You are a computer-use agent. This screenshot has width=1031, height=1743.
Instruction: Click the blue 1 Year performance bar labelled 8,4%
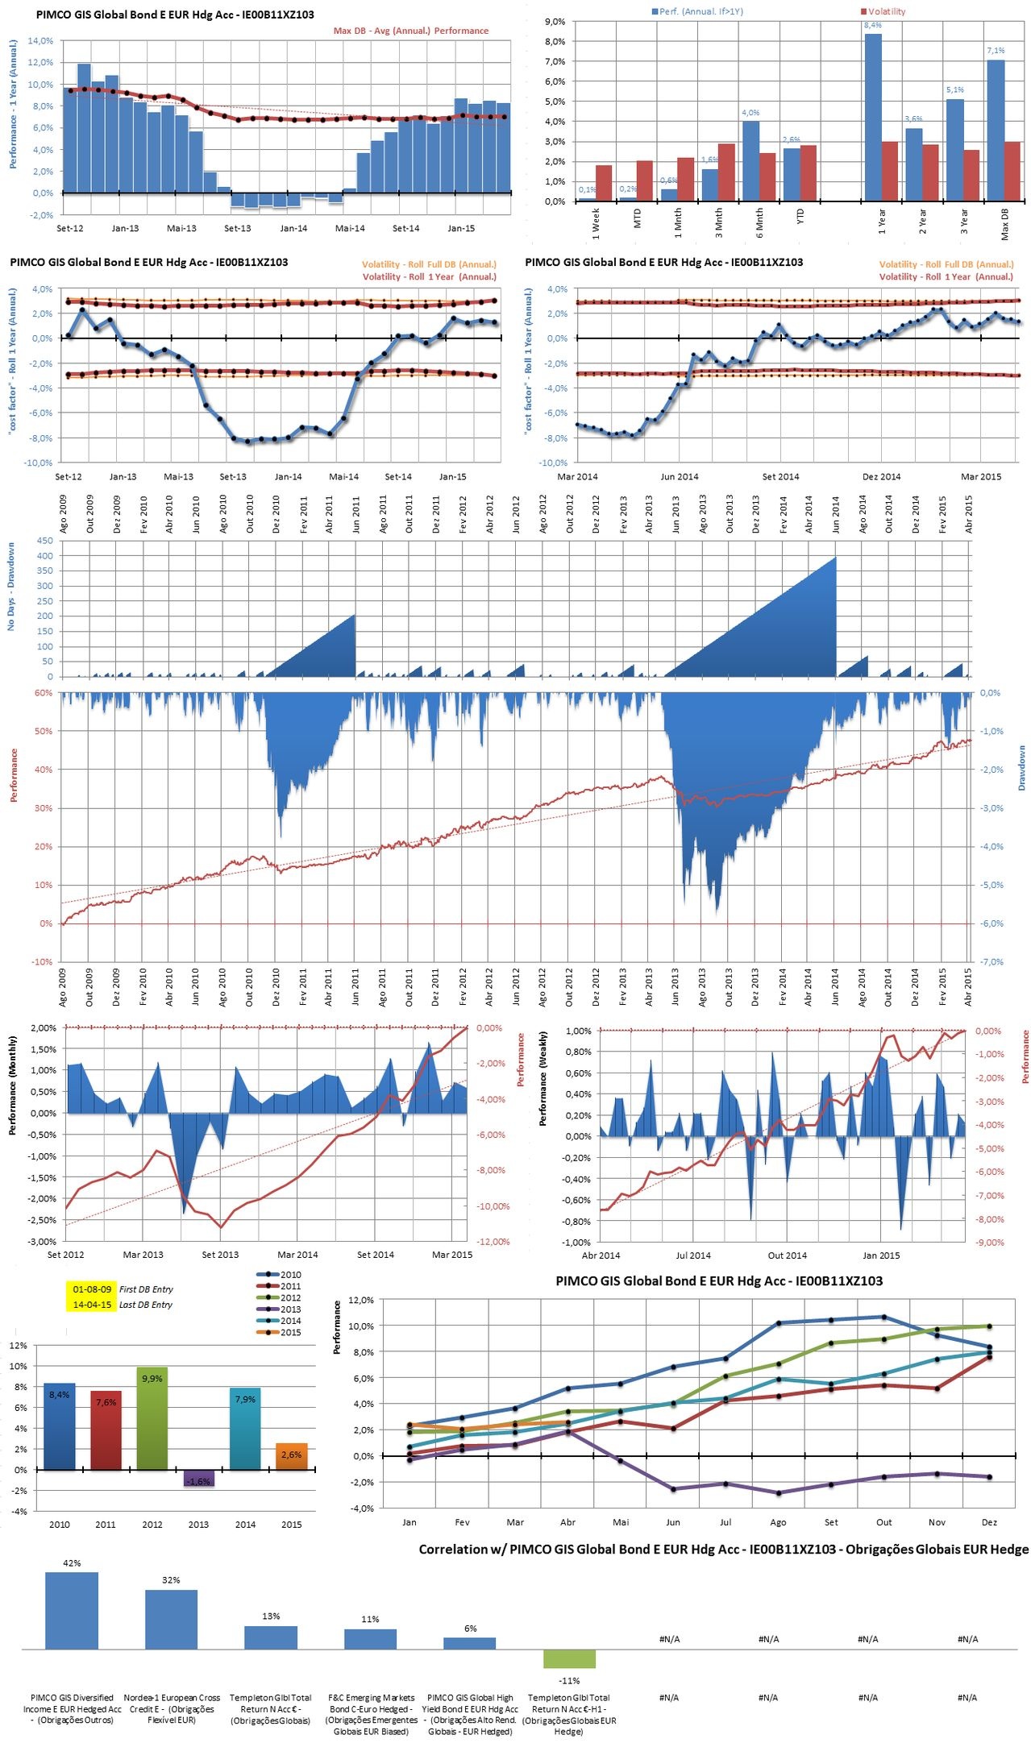coord(873,117)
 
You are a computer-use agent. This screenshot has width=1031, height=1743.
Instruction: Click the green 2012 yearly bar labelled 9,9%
coord(152,1418)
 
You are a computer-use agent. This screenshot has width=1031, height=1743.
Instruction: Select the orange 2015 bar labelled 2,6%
coord(292,1456)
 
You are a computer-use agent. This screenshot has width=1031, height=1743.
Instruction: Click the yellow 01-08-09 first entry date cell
coord(92,1289)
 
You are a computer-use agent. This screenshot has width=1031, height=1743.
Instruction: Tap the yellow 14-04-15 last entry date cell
coord(92,1305)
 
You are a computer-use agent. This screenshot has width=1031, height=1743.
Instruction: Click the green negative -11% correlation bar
coord(569,1658)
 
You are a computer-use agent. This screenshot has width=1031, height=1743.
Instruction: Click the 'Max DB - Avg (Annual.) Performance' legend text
coord(411,31)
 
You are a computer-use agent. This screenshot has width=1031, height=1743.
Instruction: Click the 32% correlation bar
coord(171,1619)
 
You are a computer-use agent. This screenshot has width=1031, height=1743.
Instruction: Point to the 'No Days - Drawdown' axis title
coord(11,586)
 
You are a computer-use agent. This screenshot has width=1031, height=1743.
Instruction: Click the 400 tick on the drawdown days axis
coord(45,555)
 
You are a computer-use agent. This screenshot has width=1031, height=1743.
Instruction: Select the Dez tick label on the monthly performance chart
coord(989,1522)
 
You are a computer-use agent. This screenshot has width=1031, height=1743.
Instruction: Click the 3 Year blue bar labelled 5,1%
coord(954,150)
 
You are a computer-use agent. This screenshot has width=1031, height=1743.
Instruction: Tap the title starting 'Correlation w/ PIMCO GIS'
coord(723,1549)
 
